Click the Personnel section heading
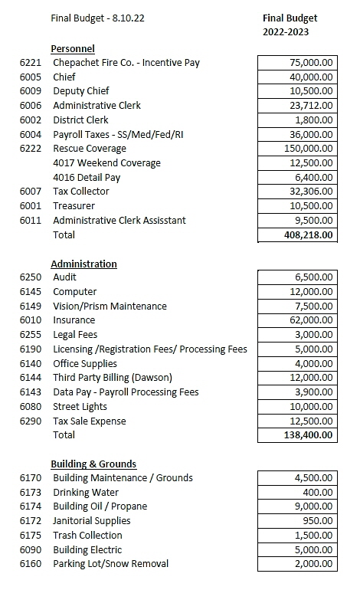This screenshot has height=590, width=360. coord(73,48)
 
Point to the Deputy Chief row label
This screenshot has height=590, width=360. coord(80,91)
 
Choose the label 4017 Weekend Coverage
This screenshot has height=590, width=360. coord(106,163)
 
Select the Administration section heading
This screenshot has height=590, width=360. coord(83,264)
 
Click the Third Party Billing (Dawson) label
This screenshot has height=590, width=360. coord(112,378)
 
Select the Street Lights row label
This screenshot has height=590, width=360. coord(80,407)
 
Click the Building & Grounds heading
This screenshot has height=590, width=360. coord(93,464)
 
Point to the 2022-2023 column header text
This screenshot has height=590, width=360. coord(289,33)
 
